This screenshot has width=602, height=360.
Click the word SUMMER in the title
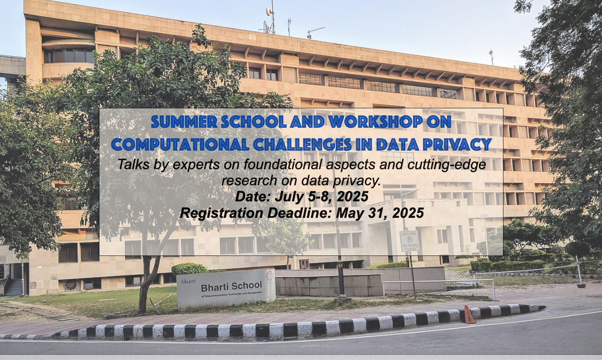coord(184,122)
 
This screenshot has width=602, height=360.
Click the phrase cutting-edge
coord(447,165)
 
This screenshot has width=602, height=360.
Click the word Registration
coord(221,214)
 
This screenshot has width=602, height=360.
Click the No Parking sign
coord(409,241)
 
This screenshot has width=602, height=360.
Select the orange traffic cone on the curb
coord(469,314)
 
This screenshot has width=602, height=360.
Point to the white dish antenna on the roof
coord(269,11)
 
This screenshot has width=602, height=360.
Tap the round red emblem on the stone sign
coord(269,275)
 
